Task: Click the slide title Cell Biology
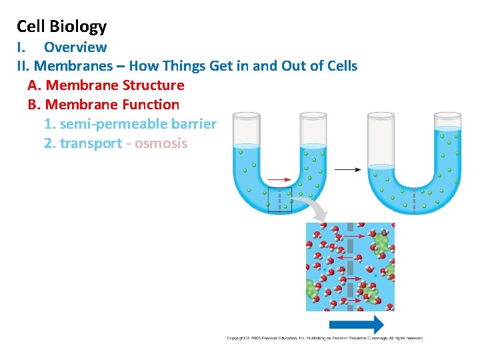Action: point(61,27)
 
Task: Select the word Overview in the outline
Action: point(75,47)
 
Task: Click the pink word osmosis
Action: point(161,143)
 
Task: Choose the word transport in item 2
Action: point(91,143)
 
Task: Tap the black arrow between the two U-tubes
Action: point(347,170)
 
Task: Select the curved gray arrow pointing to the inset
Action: point(312,207)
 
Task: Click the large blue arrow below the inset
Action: point(357,325)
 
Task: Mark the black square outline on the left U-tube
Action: point(279,199)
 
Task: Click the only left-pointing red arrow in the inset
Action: point(344,257)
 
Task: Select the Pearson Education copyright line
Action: point(325,339)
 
